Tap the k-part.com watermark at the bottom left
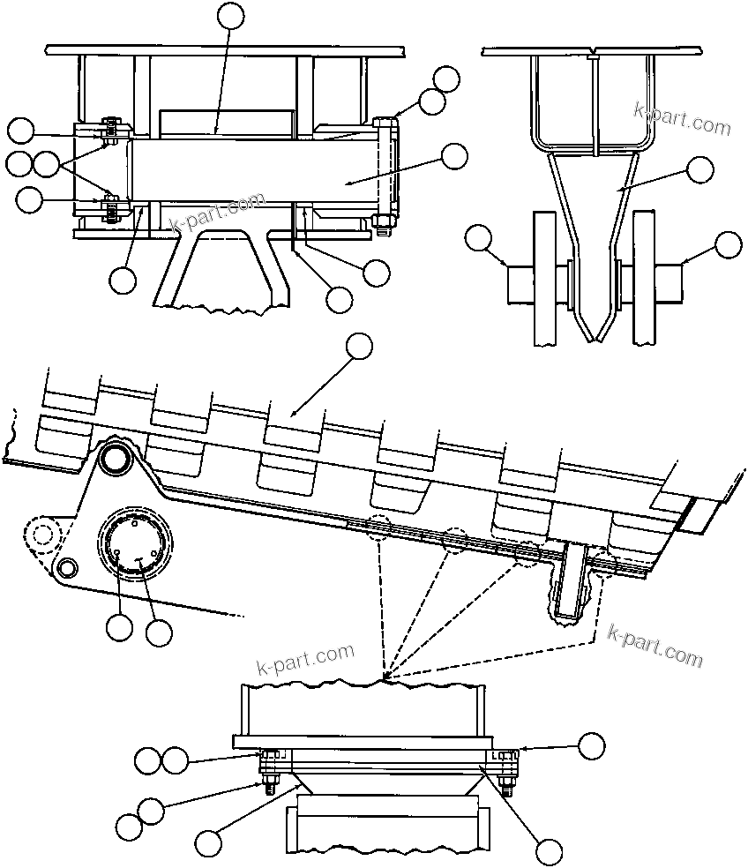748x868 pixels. tap(304, 658)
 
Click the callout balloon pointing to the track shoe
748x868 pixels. tap(359, 347)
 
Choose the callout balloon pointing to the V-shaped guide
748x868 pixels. tap(700, 170)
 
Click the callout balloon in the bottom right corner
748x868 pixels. tap(549, 852)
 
